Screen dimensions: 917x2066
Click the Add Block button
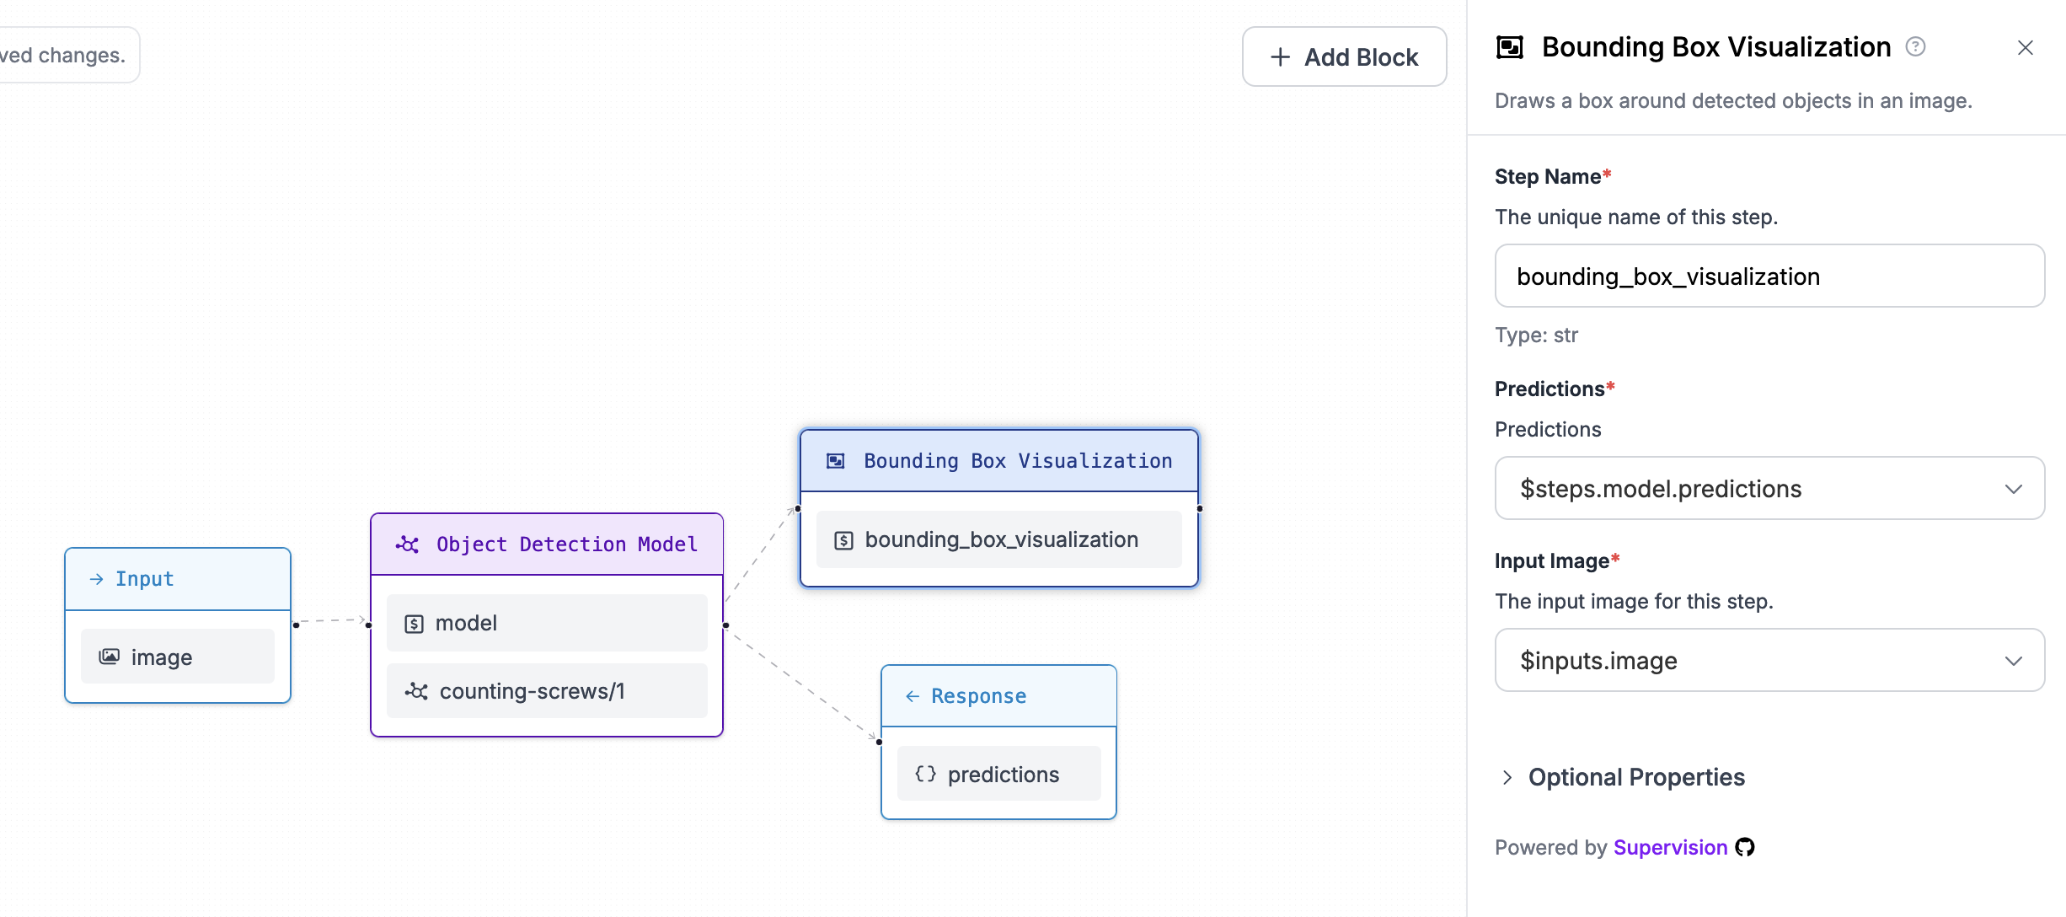tap(1344, 56)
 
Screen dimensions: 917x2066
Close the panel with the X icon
tap(2025, 48)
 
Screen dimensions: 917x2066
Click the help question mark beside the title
tap(1915, 46)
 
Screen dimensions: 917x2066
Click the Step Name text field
tap(1769, 276)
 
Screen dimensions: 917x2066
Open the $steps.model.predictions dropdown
tap(1769, 489)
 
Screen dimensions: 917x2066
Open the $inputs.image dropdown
tap(1769, 661)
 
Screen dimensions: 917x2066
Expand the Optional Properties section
tap(1635, 777)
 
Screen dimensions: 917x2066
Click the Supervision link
tap(1670, 847)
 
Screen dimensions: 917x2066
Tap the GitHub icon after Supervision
tap(1745, 847)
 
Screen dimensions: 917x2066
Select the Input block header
tap(178, 579)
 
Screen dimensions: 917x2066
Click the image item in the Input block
tap(178, 657)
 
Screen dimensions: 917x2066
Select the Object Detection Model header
tap(547, 544)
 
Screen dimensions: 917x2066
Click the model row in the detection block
tap(547, 623)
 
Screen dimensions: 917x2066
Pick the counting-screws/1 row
tap(547, 691)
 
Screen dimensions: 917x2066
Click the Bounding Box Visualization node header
tap(999, 461)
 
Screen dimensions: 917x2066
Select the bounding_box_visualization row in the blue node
tap(999, 539)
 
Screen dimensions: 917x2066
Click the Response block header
tap(998, 696)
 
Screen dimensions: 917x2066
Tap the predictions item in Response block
tap(998, 774)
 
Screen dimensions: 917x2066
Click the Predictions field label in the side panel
tap(1549, 389)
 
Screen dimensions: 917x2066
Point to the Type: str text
tap(1536, 335)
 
